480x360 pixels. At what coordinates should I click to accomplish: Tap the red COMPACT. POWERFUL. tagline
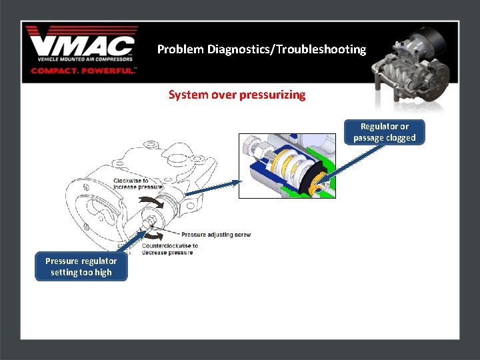click(x=83, y=70)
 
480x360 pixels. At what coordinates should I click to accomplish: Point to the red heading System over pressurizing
click(x=237, y=95)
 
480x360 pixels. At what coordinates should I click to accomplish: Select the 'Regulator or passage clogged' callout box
click(x=384, y=132)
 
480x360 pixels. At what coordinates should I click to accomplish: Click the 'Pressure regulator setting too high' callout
click(x=81, y=267)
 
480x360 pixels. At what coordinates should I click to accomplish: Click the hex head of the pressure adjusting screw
click(x=149, y=221)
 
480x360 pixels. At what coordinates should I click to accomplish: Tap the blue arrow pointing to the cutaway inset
click(x=211, y=187)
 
